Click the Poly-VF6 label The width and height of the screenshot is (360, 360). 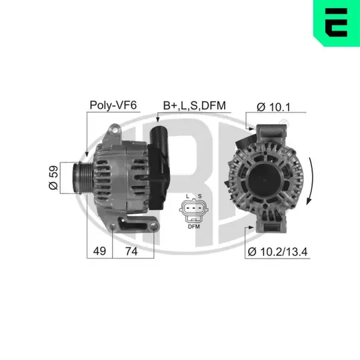113,105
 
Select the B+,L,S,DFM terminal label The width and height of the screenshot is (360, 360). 195,105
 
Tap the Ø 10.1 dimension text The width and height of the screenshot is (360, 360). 273,107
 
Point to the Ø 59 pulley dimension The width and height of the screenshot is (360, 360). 53,177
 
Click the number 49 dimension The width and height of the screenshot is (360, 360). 99,251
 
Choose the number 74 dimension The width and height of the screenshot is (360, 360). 131,251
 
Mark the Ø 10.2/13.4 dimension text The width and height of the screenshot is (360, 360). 277,252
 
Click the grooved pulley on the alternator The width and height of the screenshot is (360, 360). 83,178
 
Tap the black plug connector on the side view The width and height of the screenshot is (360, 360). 159,167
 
